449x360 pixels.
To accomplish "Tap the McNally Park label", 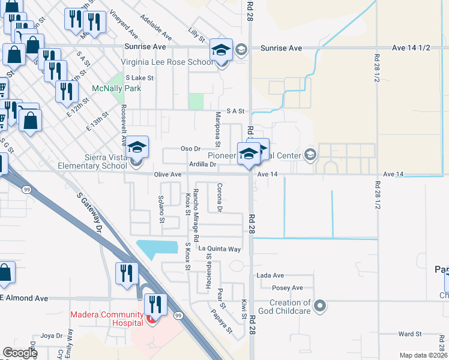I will pos(116,88).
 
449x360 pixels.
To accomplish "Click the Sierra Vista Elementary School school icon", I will pos(137,147).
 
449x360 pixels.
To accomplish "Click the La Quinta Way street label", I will pos(220,248).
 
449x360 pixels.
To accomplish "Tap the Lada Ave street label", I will pos(270,275).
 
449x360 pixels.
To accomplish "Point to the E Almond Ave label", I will pos(24,298).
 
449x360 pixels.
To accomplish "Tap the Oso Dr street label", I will pos(190,149).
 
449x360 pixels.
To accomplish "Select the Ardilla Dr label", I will pos(202,164).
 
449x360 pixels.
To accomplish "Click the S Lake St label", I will pos(142,78).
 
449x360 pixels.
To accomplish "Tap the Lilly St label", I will pos(196,37).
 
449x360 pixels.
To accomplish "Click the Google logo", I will pos(20,353).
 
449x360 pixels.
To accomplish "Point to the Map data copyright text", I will pos(423,355).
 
